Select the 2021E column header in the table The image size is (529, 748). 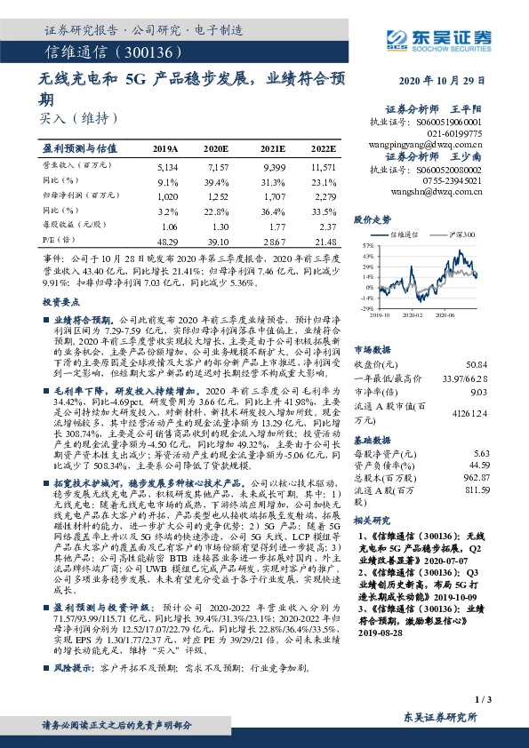[273, 148]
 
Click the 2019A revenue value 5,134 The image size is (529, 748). [167, 166]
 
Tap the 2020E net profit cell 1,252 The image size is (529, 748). [219, 195]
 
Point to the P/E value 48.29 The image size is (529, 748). [166, 241]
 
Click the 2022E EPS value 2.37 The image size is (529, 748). [326, 226]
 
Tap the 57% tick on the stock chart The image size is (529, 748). [365, 244]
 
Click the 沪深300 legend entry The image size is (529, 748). [461, 235]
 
